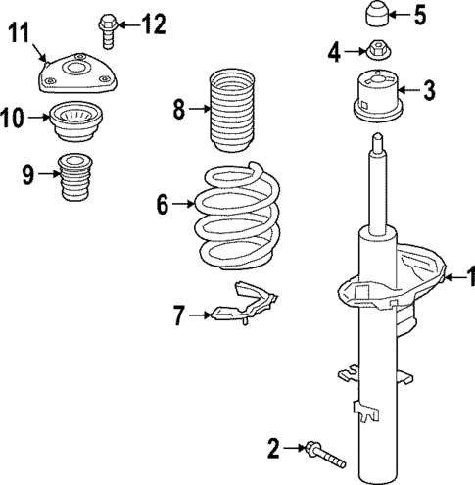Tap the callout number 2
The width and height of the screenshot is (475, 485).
click(x=273, y=449)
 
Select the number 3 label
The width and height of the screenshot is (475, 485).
click(x=428, y=91)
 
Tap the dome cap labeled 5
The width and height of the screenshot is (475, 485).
click(x=377, y=15)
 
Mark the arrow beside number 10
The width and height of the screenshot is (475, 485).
click(x=39, y=118)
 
